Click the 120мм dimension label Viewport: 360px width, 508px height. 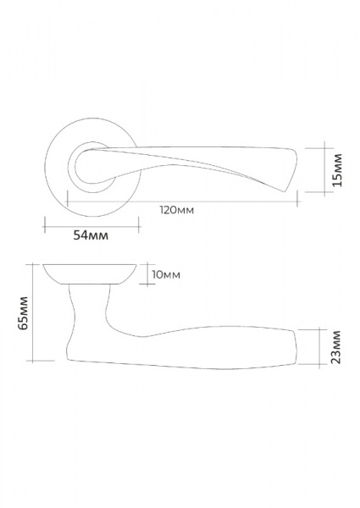point(177,210)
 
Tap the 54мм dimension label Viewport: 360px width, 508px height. point(91,235)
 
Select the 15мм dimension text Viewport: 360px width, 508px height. point(337,170)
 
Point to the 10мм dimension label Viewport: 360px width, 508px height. point(166,274)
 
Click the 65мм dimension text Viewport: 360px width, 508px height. point(24,312)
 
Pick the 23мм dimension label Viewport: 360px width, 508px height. point(336,347)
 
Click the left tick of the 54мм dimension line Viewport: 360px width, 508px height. point(45,224)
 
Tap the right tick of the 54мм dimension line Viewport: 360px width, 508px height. point(139,224)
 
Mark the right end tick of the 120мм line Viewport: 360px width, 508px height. point(297,199)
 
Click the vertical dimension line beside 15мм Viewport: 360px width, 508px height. point(324,169)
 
